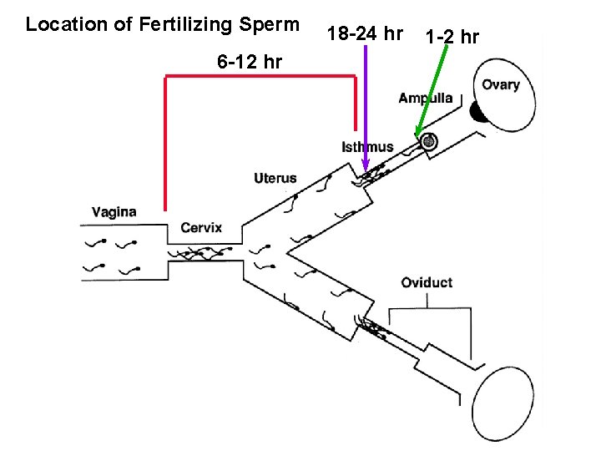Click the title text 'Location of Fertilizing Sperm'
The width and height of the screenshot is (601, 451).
(x=162, y=24)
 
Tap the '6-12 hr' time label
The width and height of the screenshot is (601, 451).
(x=249, y=62)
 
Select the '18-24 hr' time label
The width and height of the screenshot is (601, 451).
(x=366, y=34)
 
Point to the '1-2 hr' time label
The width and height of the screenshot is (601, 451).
(x=452, y=37)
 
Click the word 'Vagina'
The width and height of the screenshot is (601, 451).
(x=114, y=212)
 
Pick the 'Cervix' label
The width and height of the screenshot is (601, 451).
(x=201, y=228)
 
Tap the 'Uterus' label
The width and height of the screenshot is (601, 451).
(x=275, y=178)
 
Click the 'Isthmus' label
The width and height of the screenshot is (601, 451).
(x=367, y=147)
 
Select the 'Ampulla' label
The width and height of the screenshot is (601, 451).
(x=426, y=98)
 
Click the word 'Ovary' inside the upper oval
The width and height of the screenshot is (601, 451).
(x=500, y=84)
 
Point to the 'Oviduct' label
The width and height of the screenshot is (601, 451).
(x=427, y=282)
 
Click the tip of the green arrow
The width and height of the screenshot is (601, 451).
(x=417, y=135)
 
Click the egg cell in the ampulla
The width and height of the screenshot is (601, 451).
(x=429, y=143)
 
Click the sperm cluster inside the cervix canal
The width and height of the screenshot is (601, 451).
(x=200, y=252)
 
